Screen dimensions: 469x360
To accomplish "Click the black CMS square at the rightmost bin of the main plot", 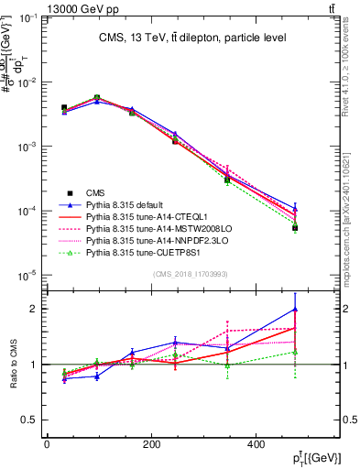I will (295, 227).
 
